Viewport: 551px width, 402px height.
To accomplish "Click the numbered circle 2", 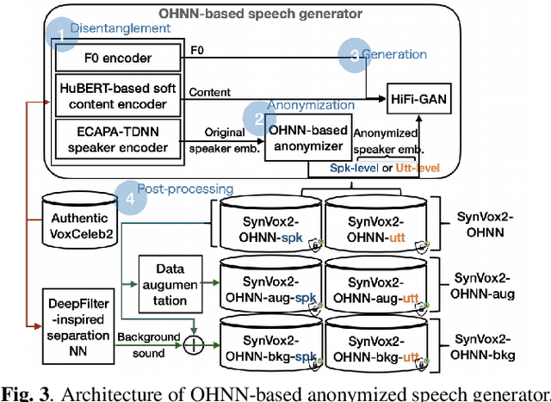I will point(257,117).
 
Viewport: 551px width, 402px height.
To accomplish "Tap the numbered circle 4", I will point(131,195).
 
